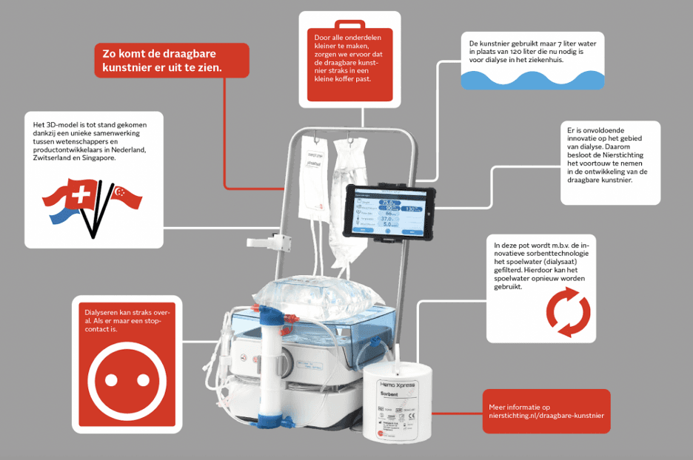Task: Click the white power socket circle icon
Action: pyautogui.click(x=124, y=378)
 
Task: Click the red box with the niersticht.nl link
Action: pyautogui.click(x=546, y=411)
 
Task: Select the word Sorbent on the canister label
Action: pyautogui.click(x=393, y=394)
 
